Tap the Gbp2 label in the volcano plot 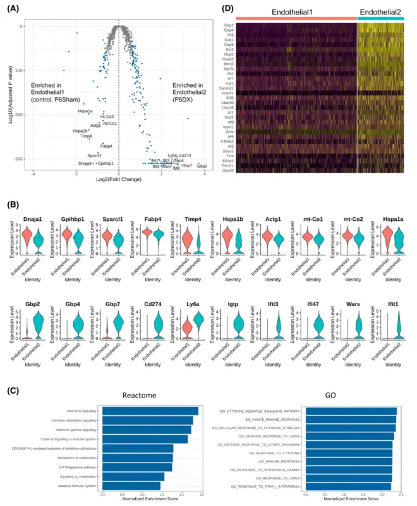202,166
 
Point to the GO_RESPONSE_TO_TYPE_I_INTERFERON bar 349,486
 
